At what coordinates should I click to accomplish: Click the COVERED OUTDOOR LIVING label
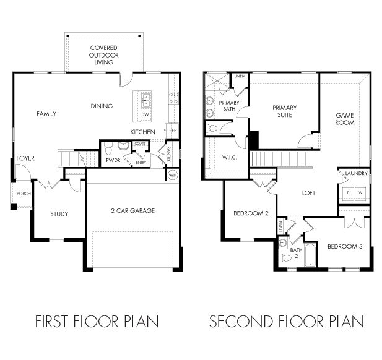[103, 54]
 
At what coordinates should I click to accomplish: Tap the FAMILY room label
[46, 114]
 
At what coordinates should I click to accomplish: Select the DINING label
[102, 106]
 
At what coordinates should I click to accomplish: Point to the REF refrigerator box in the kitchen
[172, 131]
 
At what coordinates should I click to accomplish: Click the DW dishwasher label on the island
[145, 114]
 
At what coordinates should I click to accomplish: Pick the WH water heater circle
[173, 176]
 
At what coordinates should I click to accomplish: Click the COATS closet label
[140, 144]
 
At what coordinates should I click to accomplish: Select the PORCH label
[24, 194]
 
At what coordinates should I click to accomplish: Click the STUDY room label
[59, 215]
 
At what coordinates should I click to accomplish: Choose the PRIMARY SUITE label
[285, 111]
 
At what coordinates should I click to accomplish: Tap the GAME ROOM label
[345, 119]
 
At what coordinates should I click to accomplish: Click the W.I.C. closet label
[229, 158]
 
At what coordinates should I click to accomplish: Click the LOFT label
[308, 193]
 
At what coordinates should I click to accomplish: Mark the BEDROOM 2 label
[250, 214]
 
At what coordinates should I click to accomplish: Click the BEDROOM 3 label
[344, 246]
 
